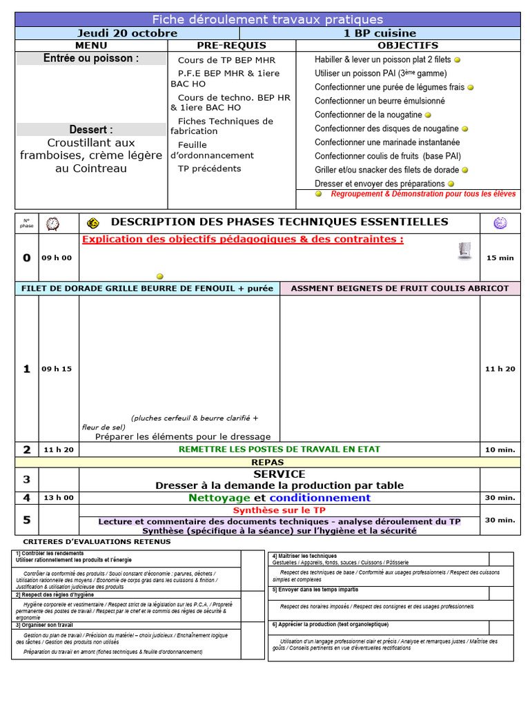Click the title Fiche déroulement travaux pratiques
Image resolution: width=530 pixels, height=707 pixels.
coord(267,19)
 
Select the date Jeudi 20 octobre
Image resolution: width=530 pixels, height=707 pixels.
coord(127,33)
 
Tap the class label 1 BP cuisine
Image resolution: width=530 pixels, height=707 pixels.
coord(380,33)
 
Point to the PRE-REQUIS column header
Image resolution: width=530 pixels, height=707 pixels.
coord(231,46)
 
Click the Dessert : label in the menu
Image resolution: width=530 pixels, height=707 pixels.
coord(91,130)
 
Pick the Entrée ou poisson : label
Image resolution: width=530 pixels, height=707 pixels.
coord(91,59)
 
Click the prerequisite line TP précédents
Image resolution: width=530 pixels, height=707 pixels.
coord(209,168)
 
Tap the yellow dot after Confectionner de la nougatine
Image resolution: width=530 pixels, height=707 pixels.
coord(428,115)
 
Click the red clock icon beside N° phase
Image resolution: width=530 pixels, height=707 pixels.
coord(52,223)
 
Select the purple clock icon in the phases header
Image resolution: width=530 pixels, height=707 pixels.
coord(500,222)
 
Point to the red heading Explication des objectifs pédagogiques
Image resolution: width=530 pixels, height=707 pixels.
coord(242,240)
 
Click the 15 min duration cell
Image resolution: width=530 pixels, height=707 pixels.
coord(500,258)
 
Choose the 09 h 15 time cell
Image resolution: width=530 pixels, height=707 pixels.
coord(57,369)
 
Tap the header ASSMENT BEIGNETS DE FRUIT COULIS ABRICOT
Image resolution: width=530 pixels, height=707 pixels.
coord(400,289)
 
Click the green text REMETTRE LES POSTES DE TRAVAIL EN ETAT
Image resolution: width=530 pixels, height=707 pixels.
coord(279,449)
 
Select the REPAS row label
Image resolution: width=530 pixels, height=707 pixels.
coord(267,462)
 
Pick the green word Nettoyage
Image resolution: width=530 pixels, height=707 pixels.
coord(219,498)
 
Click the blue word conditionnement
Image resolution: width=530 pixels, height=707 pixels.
coord(320,498)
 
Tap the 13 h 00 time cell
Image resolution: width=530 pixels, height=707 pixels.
coord(59,498)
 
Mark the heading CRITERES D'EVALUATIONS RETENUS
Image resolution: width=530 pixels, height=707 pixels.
coord(97,541)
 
